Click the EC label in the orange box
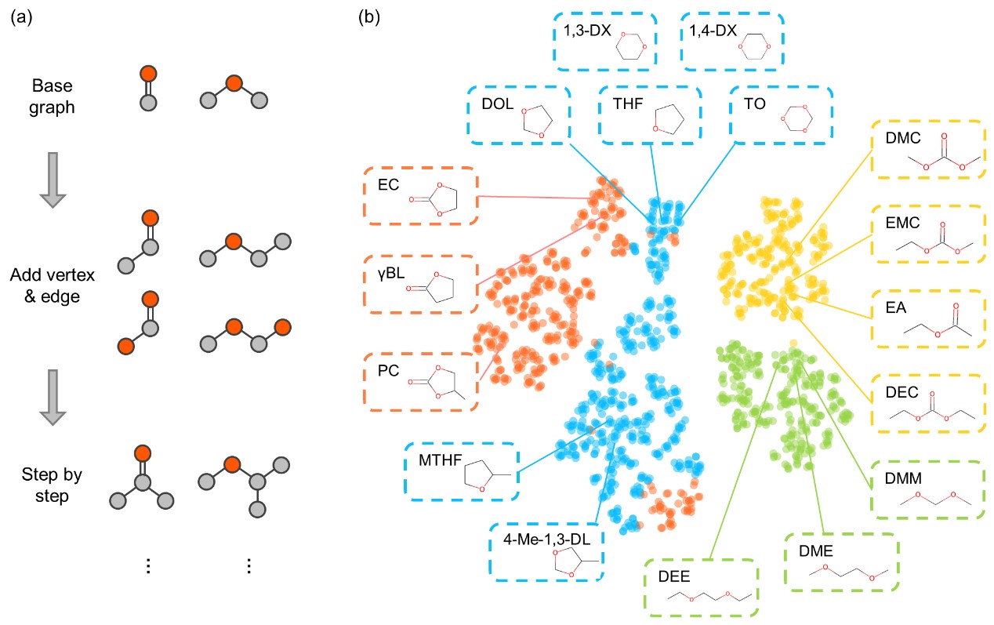pos(388,186)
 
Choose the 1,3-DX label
pos(577,33)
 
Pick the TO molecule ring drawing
pos(793,118)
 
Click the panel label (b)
pos(370,16)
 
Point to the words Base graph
pos(54,96)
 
